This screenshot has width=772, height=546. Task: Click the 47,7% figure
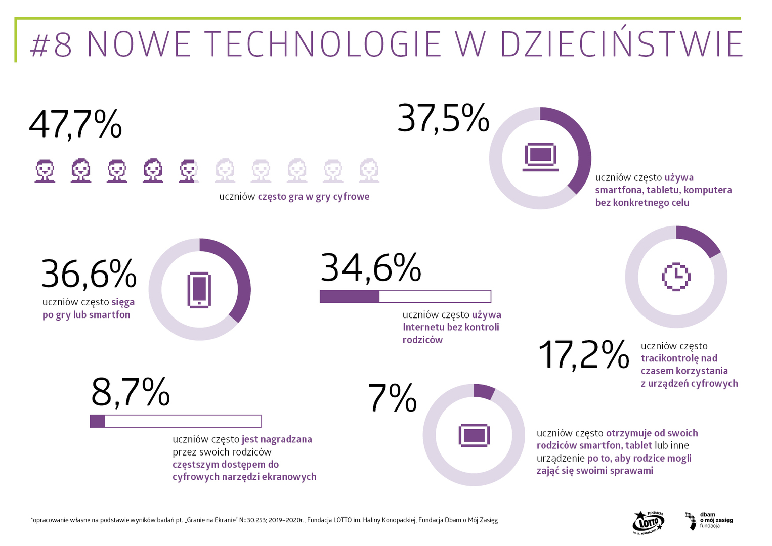click(x=75, y=124)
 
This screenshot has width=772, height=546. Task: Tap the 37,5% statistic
click(x=443, y=118)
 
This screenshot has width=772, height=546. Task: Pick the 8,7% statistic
click(x=131, y=392)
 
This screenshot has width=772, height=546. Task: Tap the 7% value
click(x=392, y=398)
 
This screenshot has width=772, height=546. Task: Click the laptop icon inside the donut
click(x=540, y=157)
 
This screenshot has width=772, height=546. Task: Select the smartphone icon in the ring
click(x=199, y=290)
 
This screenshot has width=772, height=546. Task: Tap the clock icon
click(x=676, y=277)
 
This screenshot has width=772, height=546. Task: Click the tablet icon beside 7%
click(x=474, y=435)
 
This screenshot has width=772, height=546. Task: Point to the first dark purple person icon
click(x=45, y=171)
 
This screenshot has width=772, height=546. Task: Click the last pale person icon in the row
click(x=369, y=171)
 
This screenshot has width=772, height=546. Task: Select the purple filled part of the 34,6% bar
click(x=350, y=297)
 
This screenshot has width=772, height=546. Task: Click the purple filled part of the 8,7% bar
click(x=98, y=421)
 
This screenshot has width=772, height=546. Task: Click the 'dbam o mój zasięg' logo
click(x=708, y=521)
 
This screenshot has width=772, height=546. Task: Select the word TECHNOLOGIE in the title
click(x=324, y=44)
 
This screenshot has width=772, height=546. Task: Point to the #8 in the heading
click(x=52, y=44)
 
